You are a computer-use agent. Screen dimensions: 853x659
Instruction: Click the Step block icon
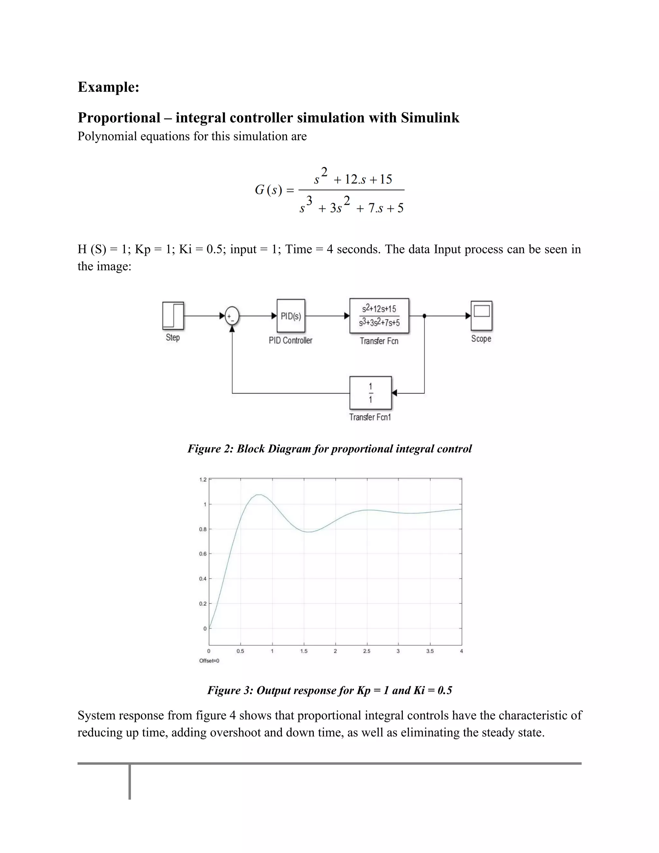[x=173, y=315]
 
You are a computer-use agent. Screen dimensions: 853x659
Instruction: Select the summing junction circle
[x=232, y=316]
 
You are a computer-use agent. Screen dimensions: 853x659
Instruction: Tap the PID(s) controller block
[x=291, y=315]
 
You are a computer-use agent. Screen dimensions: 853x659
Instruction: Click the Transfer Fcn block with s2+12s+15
[x=379, y=315]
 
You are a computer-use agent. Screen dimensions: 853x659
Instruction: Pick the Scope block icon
[x=481, y=315]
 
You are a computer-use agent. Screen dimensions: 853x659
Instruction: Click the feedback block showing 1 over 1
[x=370, y=392]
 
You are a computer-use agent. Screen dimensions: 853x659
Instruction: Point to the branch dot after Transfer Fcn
[x=424, y=316]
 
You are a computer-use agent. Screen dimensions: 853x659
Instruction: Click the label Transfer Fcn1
[x=370, y=417]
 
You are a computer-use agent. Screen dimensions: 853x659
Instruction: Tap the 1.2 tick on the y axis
[x=203, y=480]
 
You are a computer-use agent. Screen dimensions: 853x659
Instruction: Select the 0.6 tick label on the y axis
[x=203, y=554]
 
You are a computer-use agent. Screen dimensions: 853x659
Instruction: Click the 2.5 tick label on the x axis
[x=367, y=651]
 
